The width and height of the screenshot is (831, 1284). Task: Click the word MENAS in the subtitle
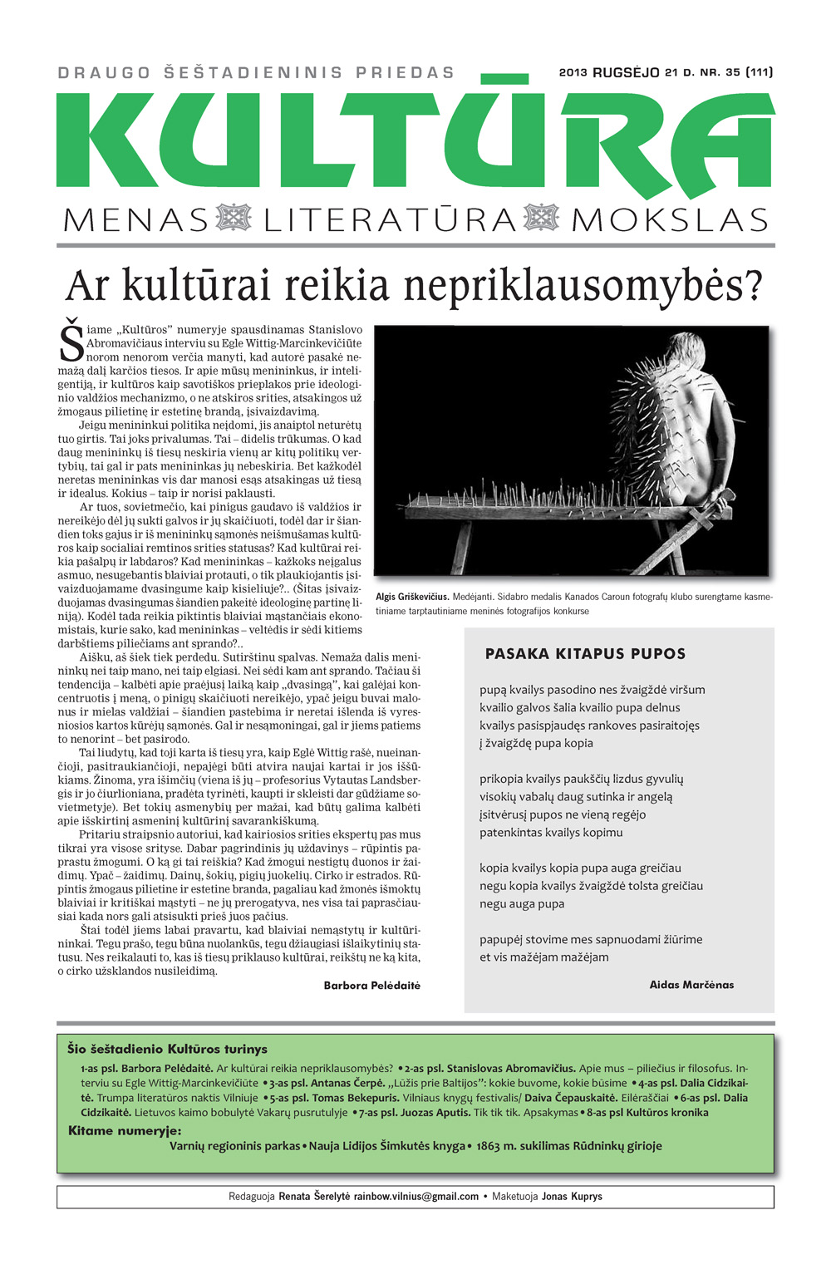(x=136, y=220)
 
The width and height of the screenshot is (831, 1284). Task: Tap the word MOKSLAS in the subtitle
(x=670, y=220)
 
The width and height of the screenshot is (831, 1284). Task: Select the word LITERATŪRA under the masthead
(x=391, y=220)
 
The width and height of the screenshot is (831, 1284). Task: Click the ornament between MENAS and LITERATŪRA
(x=234, y=219)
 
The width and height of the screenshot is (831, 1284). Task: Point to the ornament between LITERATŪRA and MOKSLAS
(x=542, y=219)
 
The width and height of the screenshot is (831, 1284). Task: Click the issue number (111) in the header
(x=760, y=72)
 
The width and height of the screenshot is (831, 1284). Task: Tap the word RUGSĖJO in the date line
(x=626, y=72)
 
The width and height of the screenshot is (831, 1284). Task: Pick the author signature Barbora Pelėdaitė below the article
(x=371, y=985)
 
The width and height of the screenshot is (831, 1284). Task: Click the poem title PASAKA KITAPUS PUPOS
(x=585, y=654)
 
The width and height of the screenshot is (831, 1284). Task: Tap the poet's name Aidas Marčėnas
(x=691, y=985)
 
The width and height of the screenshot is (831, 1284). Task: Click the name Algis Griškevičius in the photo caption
(x=412, y=597)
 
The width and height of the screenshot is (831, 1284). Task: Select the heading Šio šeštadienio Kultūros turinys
(x=167, y=1049)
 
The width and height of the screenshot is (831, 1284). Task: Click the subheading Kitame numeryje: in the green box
(x=125, y=1130)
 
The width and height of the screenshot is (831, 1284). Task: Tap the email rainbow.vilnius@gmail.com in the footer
(x=416, y=1197)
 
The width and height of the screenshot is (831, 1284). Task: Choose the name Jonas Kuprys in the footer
(x=572, y=1197)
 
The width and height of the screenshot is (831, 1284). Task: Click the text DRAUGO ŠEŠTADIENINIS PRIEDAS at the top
(x=256, y=73)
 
